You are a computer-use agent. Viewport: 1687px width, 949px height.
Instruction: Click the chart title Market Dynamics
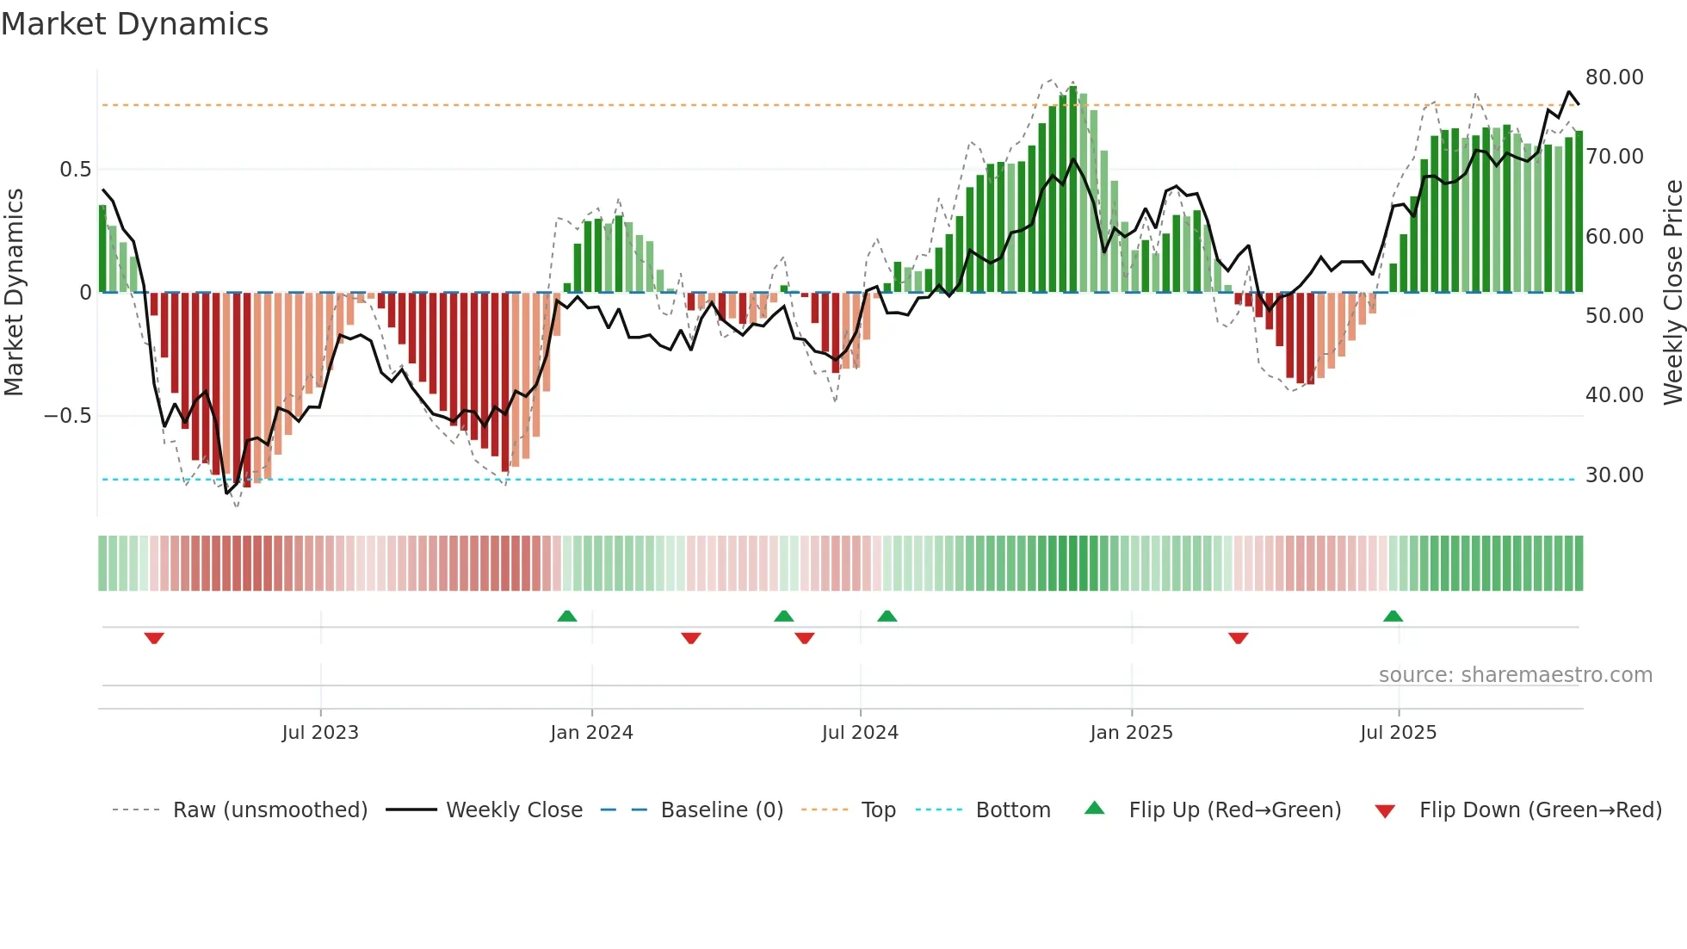[x=134, y=24]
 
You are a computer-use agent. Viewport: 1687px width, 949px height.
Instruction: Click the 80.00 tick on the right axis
[x=1614, y=78]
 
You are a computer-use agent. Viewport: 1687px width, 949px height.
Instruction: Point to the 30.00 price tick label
[x=1614, y=475]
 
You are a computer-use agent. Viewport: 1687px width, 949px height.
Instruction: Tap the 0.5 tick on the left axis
[x=75, y=170]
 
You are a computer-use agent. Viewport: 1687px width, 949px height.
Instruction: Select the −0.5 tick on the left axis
[x=68, y=416]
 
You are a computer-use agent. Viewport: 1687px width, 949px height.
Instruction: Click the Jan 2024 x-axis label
[x=591, y=733]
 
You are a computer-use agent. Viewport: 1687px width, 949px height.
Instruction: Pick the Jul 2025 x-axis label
[x=1398, y=733]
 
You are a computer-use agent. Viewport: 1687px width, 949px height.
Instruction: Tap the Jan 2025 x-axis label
[x=1130, y=733]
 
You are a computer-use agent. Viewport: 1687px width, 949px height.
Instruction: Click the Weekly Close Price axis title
[x=1672, y=293]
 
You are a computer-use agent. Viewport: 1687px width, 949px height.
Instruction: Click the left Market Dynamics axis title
[x=14, y=293]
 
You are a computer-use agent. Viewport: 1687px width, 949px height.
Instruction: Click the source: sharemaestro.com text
[x=1515, y=675]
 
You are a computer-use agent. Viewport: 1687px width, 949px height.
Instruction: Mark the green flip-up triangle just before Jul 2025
[x=1393, y=617]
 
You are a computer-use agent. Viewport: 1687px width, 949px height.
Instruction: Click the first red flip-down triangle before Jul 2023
[x=154, y=638]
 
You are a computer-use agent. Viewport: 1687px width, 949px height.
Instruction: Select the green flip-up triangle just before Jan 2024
[x=566, y=617]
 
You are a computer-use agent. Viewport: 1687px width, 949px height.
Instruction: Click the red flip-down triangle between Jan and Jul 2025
[x=1238, y=638]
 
